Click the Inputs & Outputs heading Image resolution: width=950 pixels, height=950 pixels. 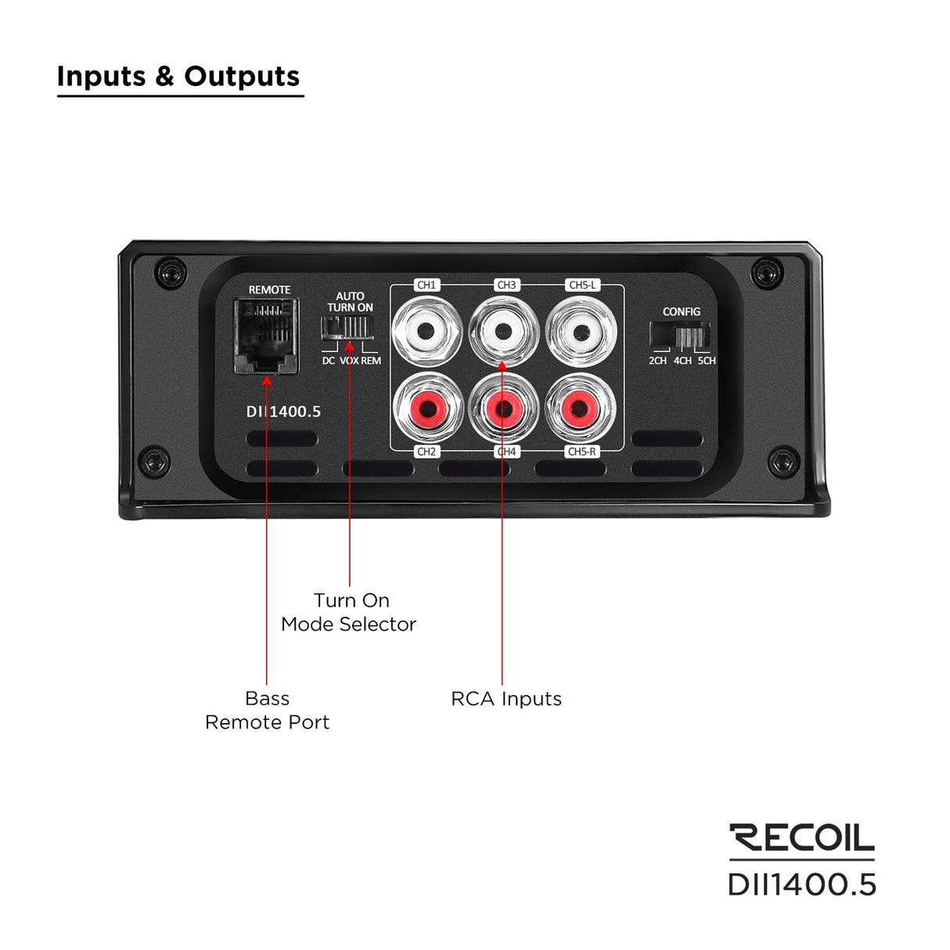pyautogui.click(x=178, y=77)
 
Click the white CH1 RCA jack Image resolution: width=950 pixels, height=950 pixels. pyautogui.click(x=426, y=332)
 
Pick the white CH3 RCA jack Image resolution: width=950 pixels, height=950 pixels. pyautogui.click(x=503, y=332)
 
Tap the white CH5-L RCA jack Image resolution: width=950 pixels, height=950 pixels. pyautogui.click(x=580, y=332)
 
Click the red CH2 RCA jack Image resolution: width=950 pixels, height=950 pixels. pyautogui.click(x=426, y=407)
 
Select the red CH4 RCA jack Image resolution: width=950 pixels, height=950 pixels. pyautogui.click(x=503, y=407)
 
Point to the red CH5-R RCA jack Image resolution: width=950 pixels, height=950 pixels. pyautogui.click(x=580, y=407)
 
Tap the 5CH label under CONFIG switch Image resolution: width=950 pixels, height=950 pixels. pyautogui.click(x=706, y=361)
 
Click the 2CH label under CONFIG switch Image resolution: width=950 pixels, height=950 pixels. pyautogui.click(x=657, y=361)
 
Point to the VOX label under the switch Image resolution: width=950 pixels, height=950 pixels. pyautogui.click(x=349, y=361)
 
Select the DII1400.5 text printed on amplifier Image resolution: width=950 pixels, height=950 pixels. pyautogui.click(x=284, y=412)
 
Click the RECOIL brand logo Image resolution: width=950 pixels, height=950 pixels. pyautogui.click(x=801, y=837)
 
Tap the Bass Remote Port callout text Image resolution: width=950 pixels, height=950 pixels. pyautogui.click(x=267, y=710)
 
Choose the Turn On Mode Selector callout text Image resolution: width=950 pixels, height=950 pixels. pyautogui.click(x=349, y=612)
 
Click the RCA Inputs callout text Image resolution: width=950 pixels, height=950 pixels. pyautogui.click(x=506, y=699)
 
